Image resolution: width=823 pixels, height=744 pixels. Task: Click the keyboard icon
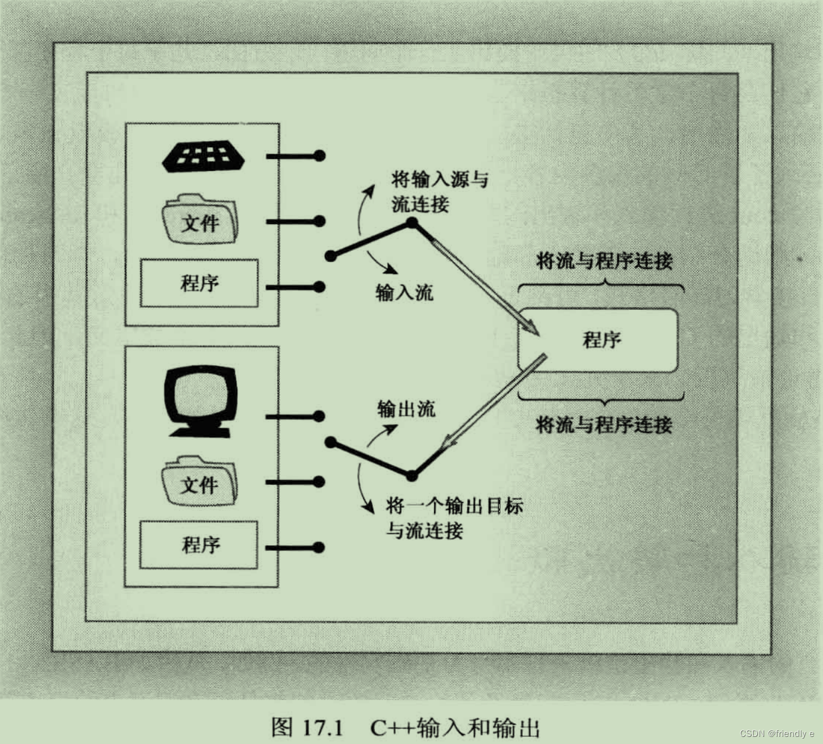204,157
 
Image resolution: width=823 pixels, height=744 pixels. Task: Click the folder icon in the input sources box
200,220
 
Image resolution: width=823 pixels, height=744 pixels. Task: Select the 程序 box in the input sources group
199,283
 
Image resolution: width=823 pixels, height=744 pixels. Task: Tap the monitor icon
200,400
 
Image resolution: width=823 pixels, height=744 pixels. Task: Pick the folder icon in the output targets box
199,481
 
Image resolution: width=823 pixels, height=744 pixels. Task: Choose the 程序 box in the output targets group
199,545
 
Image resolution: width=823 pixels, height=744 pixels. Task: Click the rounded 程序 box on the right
598,340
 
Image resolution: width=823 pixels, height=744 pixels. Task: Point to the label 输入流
404,292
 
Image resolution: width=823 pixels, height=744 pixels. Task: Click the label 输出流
406,409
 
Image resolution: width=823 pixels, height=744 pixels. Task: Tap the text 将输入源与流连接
439,192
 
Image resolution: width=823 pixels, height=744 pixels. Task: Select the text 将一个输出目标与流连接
453,518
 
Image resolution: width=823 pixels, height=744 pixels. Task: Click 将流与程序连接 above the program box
604,261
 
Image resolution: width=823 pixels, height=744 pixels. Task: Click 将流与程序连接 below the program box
604,425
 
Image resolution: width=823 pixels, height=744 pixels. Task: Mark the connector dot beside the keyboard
319,156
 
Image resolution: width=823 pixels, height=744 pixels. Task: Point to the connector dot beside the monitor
319,416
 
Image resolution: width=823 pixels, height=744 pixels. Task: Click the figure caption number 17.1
322,727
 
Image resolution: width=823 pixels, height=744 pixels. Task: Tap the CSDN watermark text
776,734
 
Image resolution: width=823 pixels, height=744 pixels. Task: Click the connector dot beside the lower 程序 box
319,547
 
